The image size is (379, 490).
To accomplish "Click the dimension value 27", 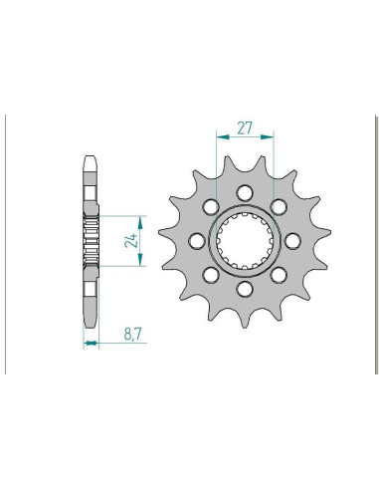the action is point(245,127).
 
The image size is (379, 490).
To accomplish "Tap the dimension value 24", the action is point(131,240).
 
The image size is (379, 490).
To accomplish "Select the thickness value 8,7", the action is point(133,334).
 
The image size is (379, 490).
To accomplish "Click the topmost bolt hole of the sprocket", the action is point(245,192).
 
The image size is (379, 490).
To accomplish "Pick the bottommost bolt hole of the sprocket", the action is point(245,289).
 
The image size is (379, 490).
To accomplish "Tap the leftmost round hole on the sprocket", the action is point(196,241).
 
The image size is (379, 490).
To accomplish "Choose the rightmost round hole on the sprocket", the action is point(292,241).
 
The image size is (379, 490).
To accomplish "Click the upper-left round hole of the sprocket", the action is point(211,207).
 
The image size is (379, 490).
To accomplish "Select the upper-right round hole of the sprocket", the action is point(279,207).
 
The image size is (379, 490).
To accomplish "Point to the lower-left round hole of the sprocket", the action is point(211,275).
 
